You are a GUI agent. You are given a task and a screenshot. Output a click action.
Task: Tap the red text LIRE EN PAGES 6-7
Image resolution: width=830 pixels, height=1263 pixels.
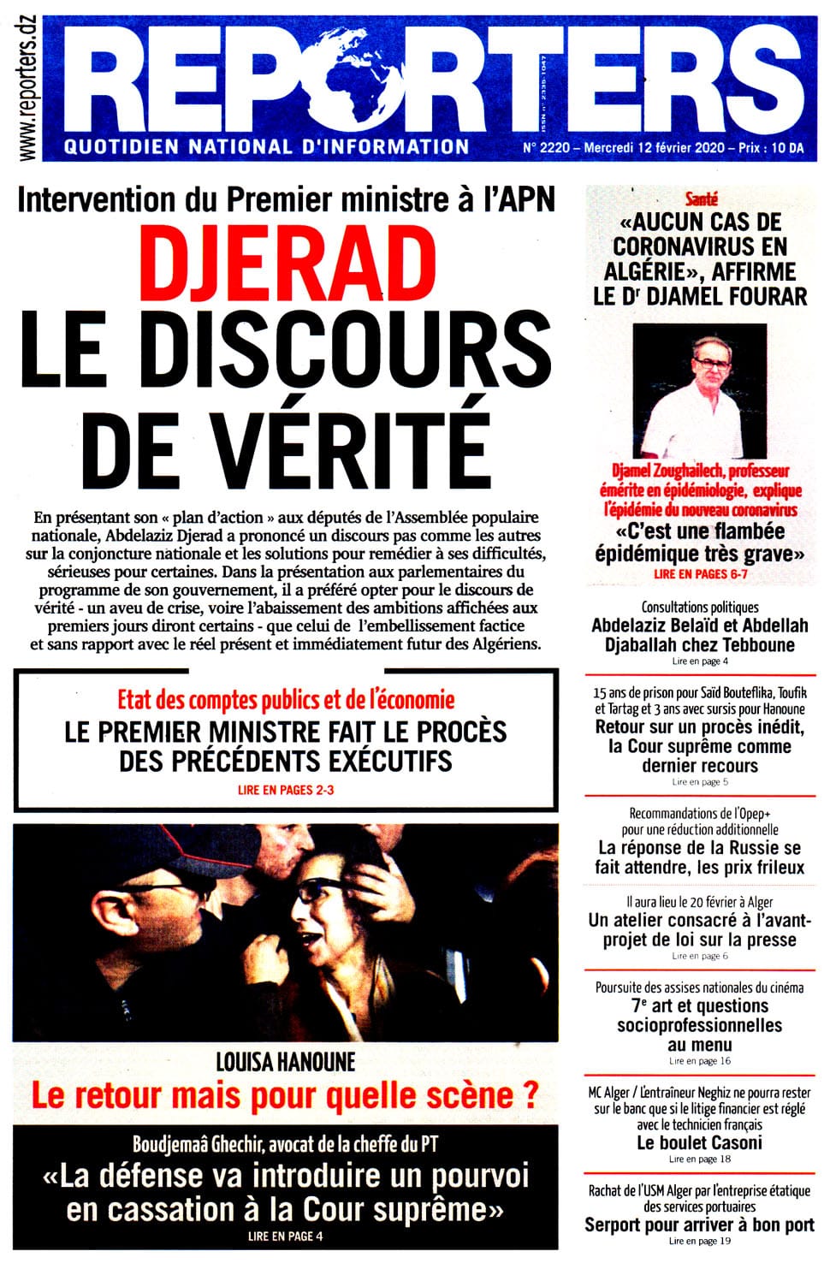click(700, 574)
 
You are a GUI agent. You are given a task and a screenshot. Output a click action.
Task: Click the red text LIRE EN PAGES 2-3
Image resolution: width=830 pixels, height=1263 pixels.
click(286, 790)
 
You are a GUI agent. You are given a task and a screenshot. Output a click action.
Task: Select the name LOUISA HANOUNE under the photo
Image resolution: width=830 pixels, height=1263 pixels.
click(285, 1063)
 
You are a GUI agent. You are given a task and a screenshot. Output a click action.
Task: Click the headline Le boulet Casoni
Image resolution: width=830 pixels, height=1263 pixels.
click(699, 1143)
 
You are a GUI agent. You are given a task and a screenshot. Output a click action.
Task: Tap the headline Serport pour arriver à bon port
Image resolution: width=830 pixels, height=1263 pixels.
click(699, 1225)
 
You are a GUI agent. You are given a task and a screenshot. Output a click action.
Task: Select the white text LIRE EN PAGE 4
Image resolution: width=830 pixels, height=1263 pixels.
click(285, 1236)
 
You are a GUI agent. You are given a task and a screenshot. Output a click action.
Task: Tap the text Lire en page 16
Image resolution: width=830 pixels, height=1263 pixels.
click(699, 1061)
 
